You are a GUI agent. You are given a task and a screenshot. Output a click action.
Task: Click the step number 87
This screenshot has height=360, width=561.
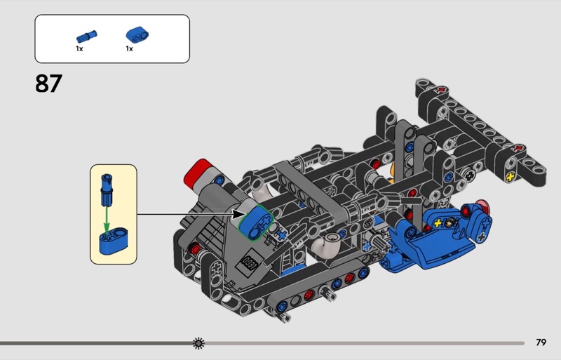click(48, 84)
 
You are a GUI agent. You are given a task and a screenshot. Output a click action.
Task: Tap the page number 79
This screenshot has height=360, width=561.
click(541, 342)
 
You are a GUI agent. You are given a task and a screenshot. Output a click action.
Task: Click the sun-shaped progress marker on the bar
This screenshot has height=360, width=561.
click(198, 343)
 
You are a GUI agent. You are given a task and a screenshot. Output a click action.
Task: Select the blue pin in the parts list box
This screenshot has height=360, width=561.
click(86, 36)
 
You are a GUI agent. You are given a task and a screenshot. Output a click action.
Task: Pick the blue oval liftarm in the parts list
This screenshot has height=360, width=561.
click(137, 35)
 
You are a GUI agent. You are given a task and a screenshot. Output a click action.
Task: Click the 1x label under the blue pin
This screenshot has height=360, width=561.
click(79, 48)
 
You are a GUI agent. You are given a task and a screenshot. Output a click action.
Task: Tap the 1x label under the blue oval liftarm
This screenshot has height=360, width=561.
click(129, 48)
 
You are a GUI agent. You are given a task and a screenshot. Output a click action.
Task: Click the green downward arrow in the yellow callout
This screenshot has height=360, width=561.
click(107, 219)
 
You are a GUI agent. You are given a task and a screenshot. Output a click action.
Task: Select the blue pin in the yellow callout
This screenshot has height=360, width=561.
click(107, 190)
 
